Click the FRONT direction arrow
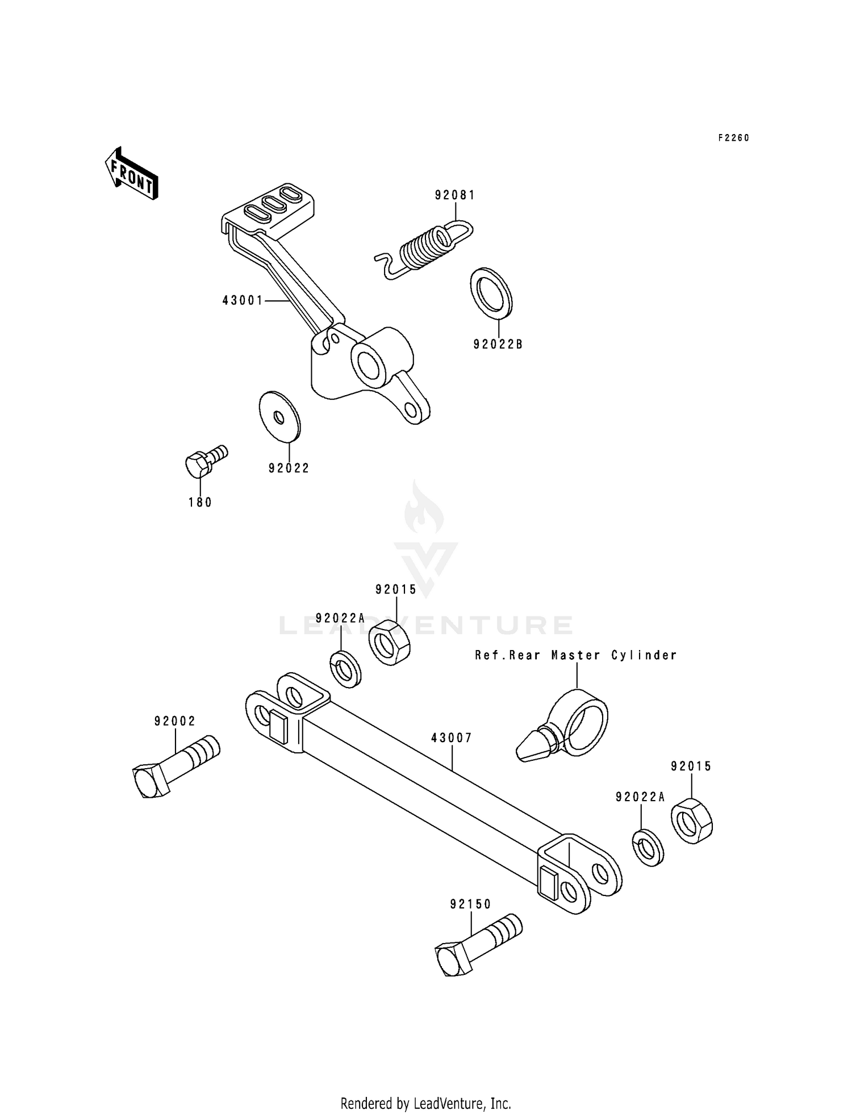(131, 173)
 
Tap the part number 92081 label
(455, 195)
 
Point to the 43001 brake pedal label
(243, 300)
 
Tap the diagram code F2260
(733, 138)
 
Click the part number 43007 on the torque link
(452, 738)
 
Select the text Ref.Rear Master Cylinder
(576, 655)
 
